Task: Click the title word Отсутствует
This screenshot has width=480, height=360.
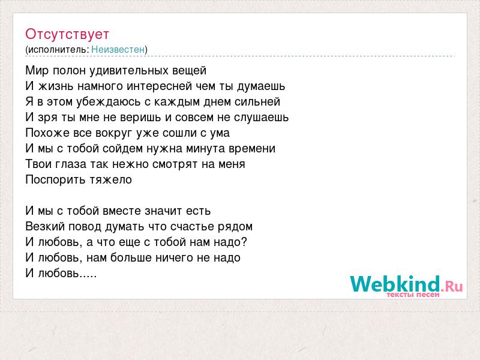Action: pos(67,34)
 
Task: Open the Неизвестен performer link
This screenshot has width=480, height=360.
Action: pos(118,49)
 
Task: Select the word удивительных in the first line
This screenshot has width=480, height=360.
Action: pos(129,71)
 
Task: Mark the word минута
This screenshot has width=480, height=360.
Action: pos(206,148)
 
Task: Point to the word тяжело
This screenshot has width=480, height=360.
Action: pos(111,179)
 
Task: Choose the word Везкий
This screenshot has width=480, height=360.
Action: pos(46,227)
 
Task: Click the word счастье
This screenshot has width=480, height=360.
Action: pos(193,227)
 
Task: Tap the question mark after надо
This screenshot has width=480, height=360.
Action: pos(244,242)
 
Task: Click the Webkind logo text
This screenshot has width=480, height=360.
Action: pos(395,283)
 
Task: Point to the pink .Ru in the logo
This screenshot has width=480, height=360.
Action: pos(452,286)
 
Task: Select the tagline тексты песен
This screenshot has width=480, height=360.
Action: pos(413,295)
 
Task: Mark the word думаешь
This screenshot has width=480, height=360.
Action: pos(261,86)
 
